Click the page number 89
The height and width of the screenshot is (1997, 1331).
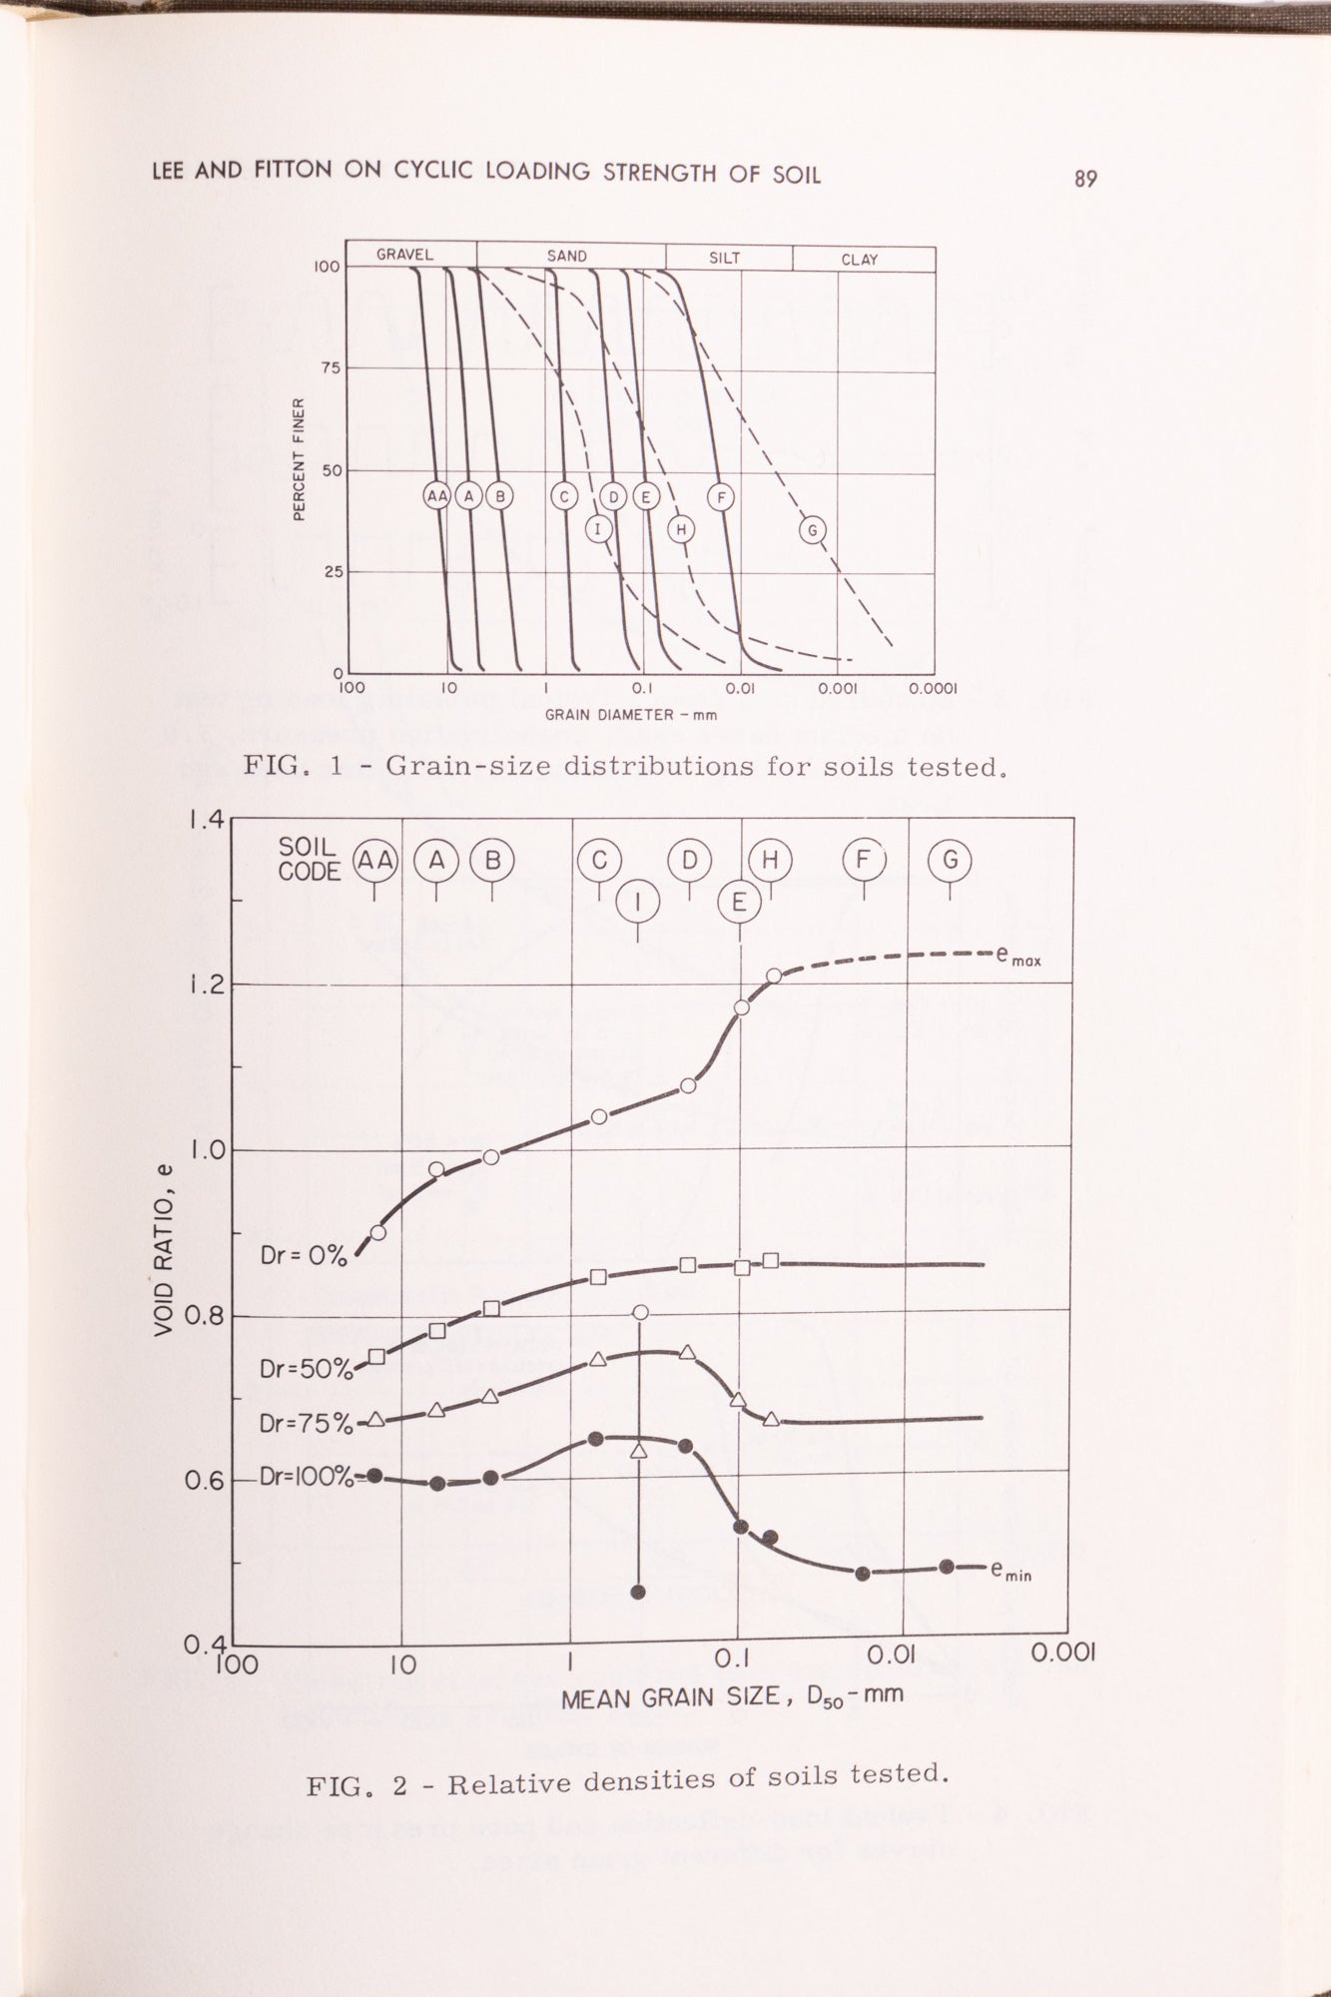(1085, 179)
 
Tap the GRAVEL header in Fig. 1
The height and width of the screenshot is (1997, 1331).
(404, 255)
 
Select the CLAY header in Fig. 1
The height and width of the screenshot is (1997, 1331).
(859, 259)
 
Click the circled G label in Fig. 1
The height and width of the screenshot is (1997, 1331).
(813, 530)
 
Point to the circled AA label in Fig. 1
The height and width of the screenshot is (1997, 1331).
(437, 495)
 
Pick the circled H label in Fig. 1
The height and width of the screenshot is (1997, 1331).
(681, 529)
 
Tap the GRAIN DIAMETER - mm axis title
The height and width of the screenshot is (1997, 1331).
(630, 715)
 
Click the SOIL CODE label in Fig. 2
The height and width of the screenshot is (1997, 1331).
(310, 860)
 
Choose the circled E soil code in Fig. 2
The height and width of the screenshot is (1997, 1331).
(739, 902)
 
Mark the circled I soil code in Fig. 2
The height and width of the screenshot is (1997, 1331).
(638, 903)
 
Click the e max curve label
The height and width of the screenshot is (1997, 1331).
(1018, 956)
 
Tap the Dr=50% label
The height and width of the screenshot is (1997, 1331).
(306, 1369)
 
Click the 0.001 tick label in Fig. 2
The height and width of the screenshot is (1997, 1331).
(1062, 1652)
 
